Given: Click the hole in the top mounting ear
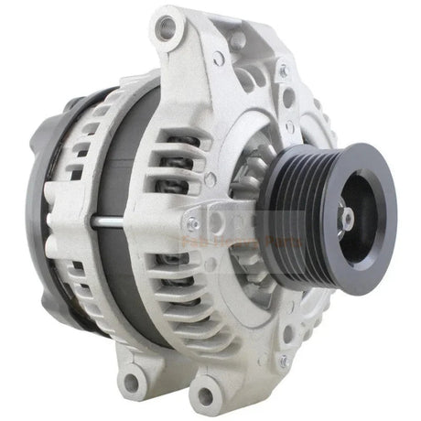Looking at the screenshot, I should pyautogui.click(x=166, y=28).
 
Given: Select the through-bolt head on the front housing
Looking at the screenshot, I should pyautogui.click(x=191, y=222).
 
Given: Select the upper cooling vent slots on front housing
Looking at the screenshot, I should pyautogui.click(x=197, y=156).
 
